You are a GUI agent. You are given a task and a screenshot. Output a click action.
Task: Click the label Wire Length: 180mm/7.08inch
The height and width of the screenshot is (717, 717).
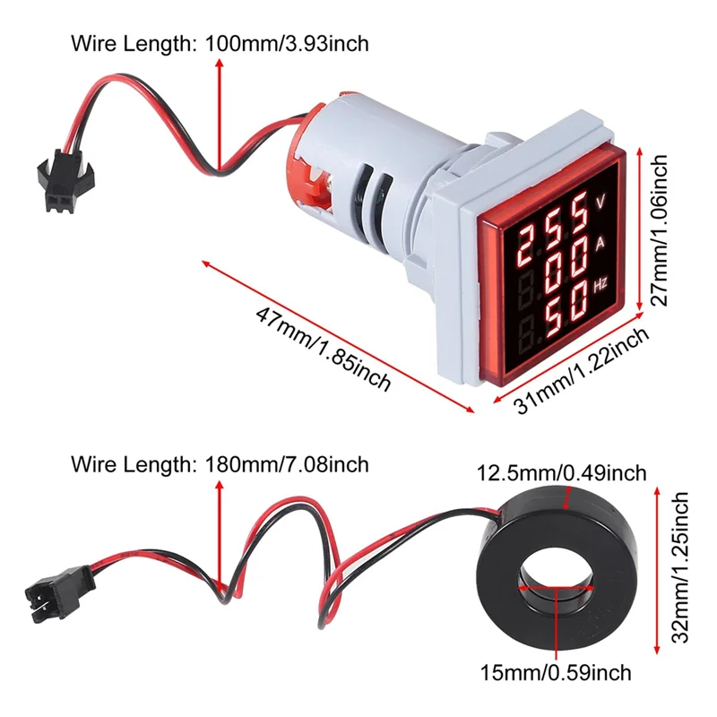coord(219,464)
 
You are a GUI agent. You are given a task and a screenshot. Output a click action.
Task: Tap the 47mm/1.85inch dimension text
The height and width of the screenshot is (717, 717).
coord(324,349)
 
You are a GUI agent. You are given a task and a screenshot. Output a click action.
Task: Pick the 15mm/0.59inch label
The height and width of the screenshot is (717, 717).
coord(556,671)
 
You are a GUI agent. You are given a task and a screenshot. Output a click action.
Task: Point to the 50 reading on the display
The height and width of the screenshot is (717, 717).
coord(557,314)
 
